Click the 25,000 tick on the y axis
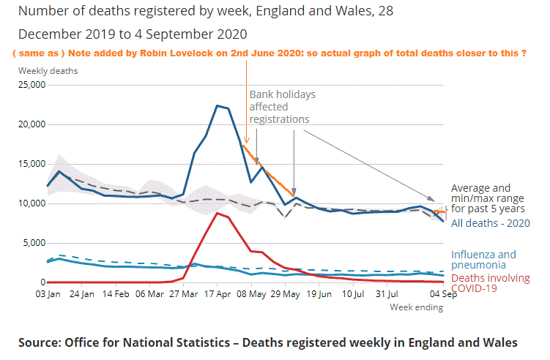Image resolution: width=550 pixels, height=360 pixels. [x=31, y=85]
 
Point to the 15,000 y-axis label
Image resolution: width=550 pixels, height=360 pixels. [x=31, y=164]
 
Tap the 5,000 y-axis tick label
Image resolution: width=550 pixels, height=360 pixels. [x=34, y=243]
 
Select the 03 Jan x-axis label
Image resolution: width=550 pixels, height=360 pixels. [x=48, y=294]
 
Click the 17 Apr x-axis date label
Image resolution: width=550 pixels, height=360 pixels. [x=218, y=294]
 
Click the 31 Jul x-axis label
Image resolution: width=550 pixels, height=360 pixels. [x=387, y=294]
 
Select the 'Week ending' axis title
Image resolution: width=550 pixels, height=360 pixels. [x=417, y=307]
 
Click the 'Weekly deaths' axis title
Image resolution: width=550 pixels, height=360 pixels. [x=48, y=71]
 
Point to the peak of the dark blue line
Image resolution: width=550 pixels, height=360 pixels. [x=217, y=105]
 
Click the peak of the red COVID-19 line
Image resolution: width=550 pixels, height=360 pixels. [x=217, y=213]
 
